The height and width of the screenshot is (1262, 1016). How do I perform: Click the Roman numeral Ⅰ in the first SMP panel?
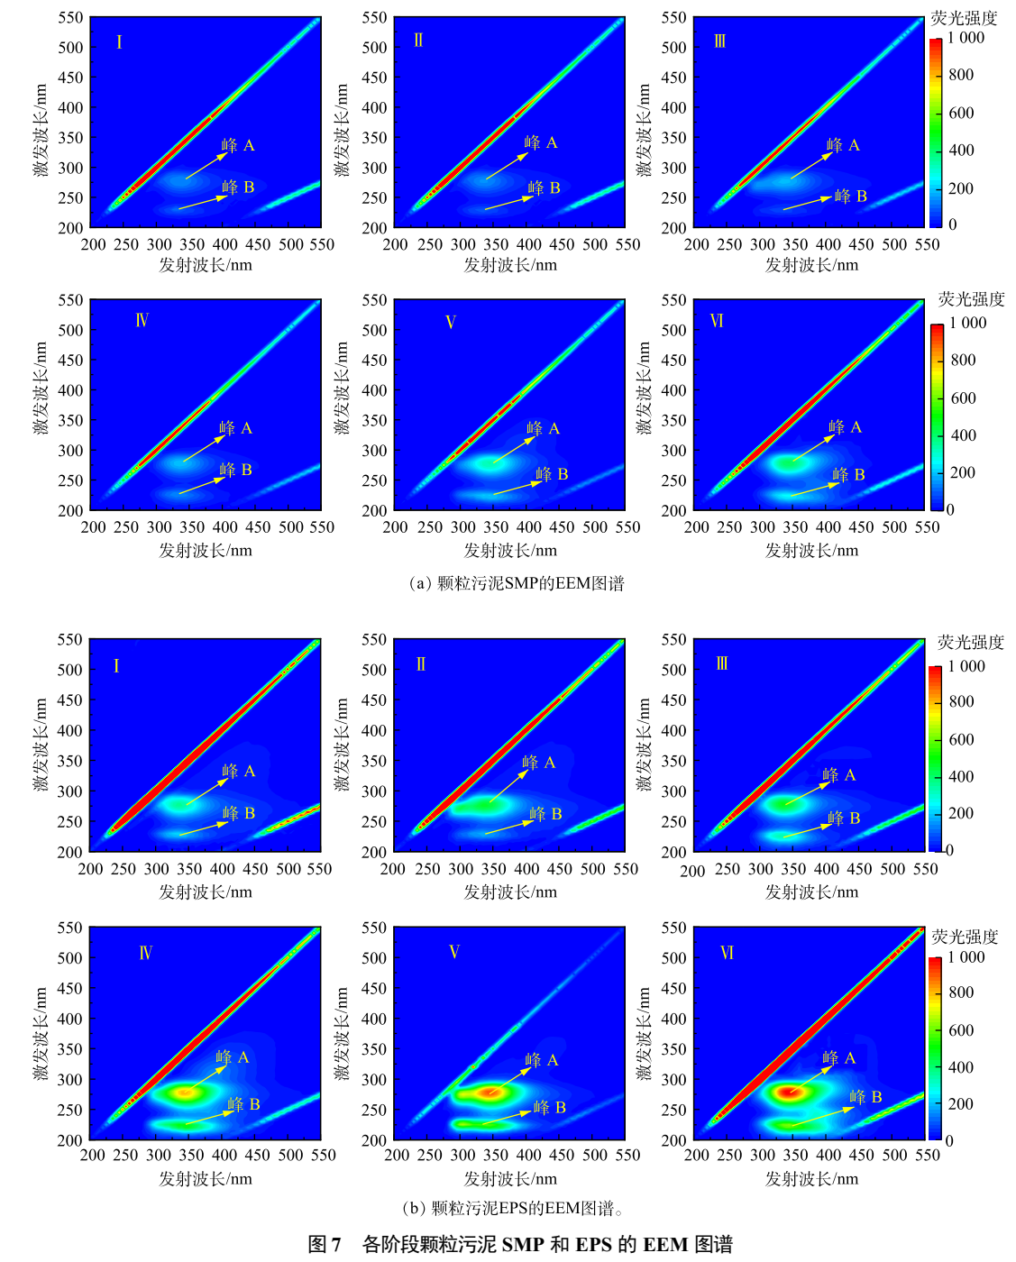tap(119, 41)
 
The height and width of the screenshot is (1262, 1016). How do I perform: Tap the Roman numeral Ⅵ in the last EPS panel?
tap(727, 953)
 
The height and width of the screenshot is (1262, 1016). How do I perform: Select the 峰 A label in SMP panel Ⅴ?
tap(543, 428)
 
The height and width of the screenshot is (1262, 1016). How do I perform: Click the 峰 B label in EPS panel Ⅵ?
tap(865, 1097)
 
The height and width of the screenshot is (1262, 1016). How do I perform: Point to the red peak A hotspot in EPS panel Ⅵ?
tap(791, 1092)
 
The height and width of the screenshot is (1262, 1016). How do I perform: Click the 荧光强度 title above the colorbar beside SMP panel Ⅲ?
tap(964, 18)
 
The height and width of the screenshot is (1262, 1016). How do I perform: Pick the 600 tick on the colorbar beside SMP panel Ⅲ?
tap(961, 113)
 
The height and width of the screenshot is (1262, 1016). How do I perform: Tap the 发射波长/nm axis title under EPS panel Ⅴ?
tap(510, 1178)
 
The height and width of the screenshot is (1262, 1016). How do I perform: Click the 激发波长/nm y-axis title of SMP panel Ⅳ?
tap(41, 388)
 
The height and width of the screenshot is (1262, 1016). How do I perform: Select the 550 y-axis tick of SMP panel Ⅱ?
tap(374, 18)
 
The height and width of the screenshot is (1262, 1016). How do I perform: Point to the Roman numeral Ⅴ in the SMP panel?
tap(451, 322)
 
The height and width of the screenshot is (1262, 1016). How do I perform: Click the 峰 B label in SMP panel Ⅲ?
tap(850, 196)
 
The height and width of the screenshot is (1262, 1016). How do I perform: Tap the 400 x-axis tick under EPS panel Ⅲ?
tap(827, 869)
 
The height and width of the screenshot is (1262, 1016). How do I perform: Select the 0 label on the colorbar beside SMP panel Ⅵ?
tap(950, 509)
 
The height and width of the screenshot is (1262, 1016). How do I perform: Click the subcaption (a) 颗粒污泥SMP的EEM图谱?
tap(516, 583)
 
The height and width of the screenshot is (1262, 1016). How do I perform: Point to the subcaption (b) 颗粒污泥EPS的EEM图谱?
tap(512, 1208)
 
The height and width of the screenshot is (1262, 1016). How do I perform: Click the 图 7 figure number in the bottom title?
tap(325, 1245)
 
